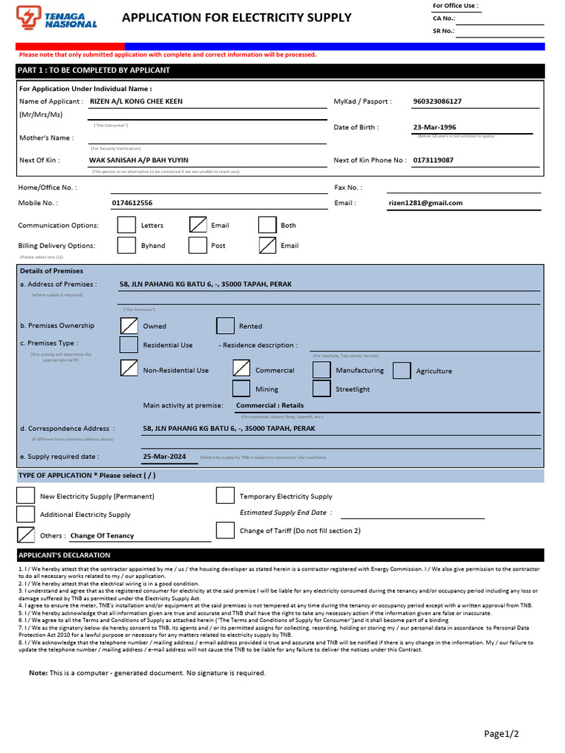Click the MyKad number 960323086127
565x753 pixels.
(x=438, y=101)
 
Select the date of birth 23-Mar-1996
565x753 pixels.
(x=435, y=127)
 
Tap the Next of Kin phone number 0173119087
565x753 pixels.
(x=433, y=160)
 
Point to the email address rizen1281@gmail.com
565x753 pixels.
(x=425, y=203)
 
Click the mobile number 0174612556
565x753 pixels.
(x=132, y=203)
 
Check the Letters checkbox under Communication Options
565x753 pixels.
(x=127, y=225)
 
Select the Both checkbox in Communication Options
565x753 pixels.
(x=267, y=225)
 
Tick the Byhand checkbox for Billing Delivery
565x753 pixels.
(x=127, y=245)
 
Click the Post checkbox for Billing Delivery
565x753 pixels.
(x=197, y=245)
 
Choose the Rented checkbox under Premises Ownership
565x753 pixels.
(x=225, y=326)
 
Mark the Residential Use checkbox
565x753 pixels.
(x=129, y=344)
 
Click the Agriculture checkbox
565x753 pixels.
(x=402, y=371)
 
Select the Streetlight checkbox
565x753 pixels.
(x=321, y=389)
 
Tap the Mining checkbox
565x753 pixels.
(x=241, y=389)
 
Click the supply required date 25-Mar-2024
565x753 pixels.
(x=165, y=457)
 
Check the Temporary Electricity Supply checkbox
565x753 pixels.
(x=225, y=496)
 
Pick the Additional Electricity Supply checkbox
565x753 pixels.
(x=25, y=514)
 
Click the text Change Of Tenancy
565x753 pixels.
(x=102, y=536)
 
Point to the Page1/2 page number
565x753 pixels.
(x=501, y=733)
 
